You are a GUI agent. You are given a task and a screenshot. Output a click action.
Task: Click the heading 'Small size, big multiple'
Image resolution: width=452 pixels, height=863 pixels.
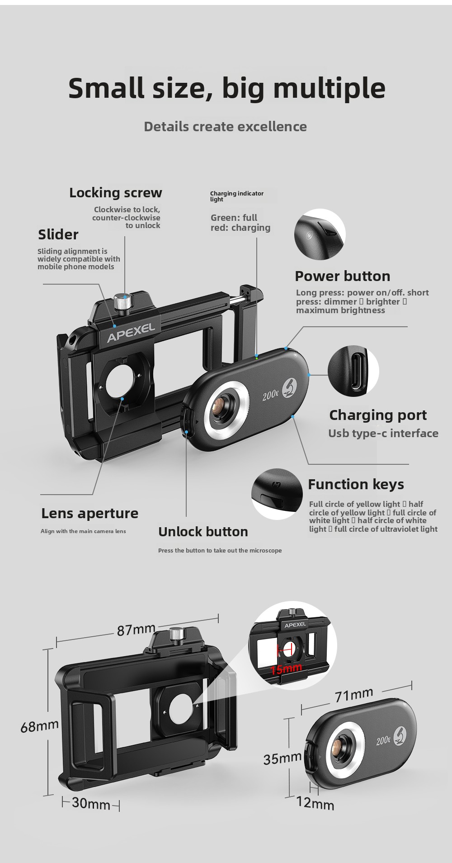(x=227, y=89)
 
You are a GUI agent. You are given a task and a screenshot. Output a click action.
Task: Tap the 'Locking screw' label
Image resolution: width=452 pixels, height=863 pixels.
(x=116, y=193)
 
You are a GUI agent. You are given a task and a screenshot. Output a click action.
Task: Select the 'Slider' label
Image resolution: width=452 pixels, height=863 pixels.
(x=58, y=234)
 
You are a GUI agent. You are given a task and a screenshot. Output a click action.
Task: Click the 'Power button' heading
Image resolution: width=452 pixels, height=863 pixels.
(x=342, y=276)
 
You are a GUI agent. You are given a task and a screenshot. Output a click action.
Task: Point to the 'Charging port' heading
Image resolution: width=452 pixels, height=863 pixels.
(x=378, y=415)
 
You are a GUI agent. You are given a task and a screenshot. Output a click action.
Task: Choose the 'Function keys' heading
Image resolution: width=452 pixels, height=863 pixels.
(x=356, y=484)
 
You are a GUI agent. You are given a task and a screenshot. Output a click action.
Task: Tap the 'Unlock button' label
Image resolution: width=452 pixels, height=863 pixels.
(x=203, y=532)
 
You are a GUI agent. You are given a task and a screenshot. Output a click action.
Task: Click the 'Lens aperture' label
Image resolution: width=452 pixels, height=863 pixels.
(x=90, y=513)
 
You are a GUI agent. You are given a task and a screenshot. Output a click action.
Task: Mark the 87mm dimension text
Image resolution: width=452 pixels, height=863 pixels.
(x=136, y=629)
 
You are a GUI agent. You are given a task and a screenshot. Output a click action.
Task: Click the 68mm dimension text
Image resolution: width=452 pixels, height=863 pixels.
(x=40, y=725)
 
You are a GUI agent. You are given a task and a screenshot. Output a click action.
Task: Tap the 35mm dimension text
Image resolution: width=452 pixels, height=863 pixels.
(x=282, y=758)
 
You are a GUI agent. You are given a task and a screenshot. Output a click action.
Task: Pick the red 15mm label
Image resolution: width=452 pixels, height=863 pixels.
(x=286, y=668)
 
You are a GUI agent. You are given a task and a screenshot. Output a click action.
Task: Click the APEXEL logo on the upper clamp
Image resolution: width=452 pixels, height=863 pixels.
(x=131, y=333)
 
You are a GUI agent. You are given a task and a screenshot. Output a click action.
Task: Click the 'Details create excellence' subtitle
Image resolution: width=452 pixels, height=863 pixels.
(x=225, y=127)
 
